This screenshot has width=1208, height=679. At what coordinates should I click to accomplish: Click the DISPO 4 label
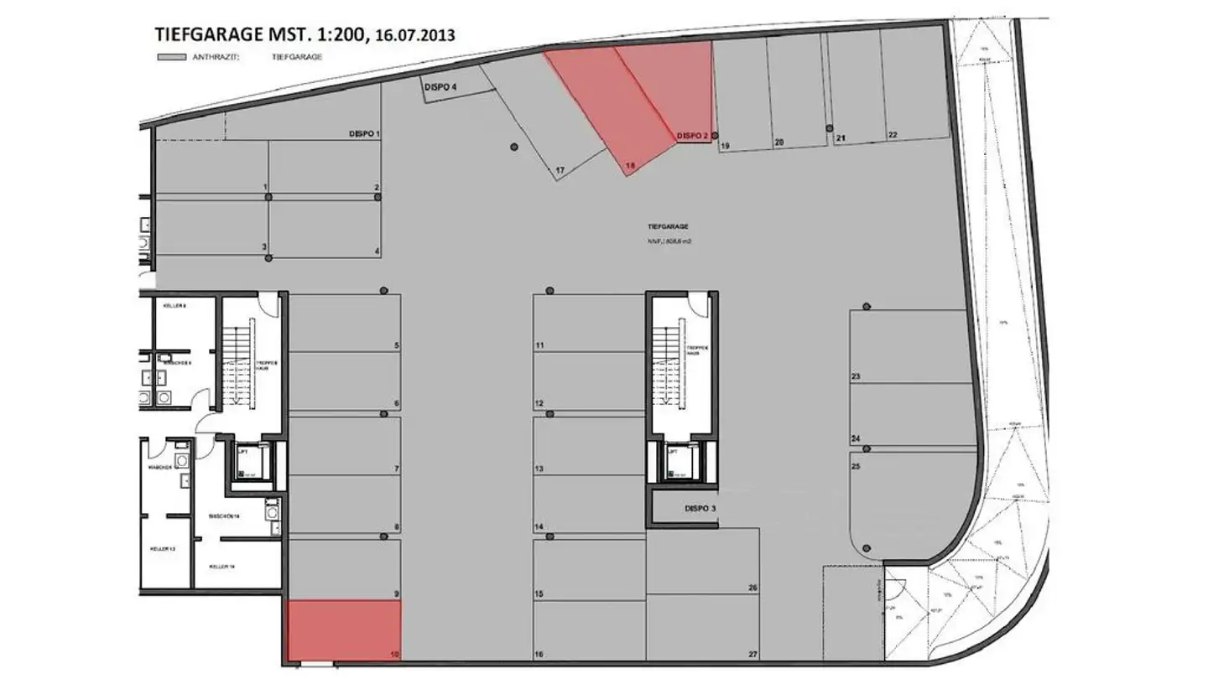[x=440, y=87]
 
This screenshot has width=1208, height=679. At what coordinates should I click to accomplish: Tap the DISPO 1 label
[x=365, y=134]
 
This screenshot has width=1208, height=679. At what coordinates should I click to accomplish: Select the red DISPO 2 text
[x=693, y=136]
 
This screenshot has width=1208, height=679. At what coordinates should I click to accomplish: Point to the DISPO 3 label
[x=700, y=509]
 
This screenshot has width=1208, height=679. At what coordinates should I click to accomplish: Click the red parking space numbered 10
[x=344, y=630]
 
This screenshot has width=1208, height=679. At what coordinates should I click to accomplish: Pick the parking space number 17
[x=560, y=171]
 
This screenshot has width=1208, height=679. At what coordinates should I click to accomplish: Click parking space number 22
[x=893, y=135]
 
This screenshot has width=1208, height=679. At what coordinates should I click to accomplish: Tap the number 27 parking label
[x=752, y=655]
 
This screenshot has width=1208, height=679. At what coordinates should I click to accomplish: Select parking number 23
[x=856, y=377]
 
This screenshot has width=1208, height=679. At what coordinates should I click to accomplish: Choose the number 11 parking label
[x=540, y=345]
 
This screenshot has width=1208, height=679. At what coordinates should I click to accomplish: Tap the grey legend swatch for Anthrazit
[x=171, y=57]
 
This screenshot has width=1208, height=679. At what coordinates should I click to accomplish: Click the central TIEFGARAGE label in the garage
[x=668, y=227]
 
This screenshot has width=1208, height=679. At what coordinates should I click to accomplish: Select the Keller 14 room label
[x=221, y=567]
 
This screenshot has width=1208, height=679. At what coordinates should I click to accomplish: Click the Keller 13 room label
[x=162, y=549]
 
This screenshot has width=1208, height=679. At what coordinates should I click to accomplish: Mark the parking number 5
[x=396, y=345]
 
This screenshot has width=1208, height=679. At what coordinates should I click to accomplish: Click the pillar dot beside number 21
[x=829, y=128]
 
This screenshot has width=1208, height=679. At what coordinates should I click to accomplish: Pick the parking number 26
[x=752, y=588]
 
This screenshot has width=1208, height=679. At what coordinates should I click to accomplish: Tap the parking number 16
[x=540, y=655]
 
